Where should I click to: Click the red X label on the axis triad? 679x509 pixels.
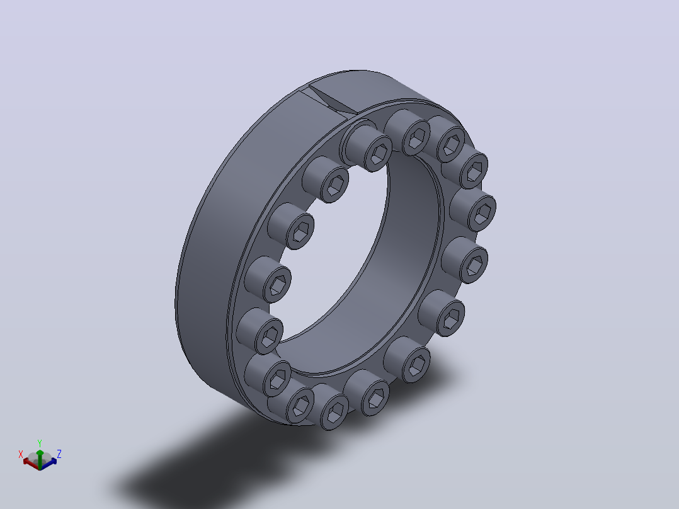(20, 454)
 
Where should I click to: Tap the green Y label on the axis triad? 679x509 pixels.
(40, 443)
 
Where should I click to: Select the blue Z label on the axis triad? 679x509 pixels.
(59, 454)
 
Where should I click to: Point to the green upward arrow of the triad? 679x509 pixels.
(40, 459)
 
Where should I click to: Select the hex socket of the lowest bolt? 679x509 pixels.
(335, 411)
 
